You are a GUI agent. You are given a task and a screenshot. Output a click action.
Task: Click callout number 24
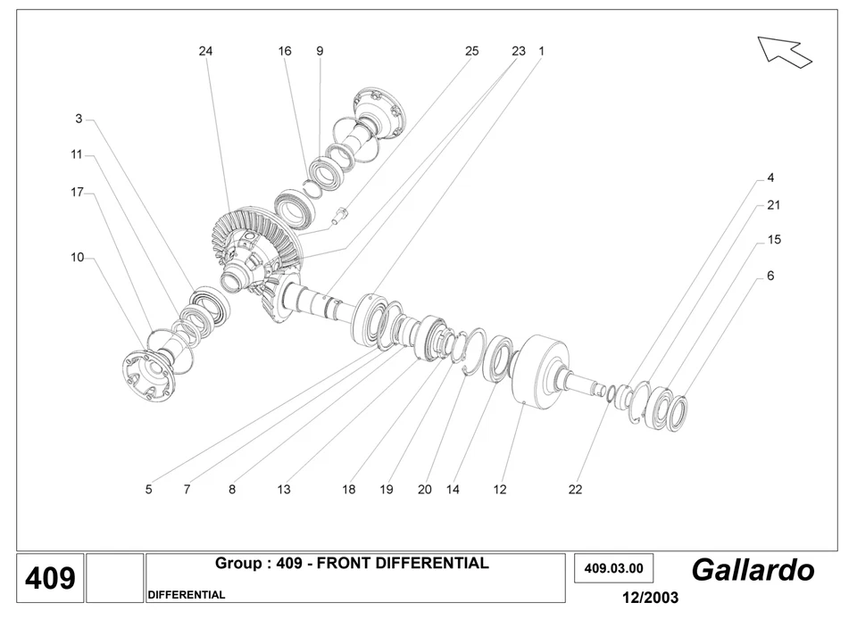205,52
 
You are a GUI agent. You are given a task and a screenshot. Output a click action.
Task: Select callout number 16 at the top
284,52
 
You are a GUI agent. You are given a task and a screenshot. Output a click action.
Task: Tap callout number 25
471,52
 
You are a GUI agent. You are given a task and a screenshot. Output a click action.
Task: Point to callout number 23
519,52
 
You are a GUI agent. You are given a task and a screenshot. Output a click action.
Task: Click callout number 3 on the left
79,119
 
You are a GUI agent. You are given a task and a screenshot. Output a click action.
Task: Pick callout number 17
77,192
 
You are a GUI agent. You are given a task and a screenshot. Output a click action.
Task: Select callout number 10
78,258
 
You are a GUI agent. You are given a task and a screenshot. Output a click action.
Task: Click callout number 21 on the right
773,205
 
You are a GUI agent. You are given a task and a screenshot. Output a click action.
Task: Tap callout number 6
770,277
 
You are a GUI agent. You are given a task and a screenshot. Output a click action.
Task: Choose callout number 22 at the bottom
575,489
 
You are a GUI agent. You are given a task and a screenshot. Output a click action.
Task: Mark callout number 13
283,489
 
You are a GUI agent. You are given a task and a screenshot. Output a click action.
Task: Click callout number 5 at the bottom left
148,489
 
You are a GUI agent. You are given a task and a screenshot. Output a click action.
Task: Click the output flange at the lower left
147,376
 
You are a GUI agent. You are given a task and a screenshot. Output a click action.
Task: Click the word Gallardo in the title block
753,570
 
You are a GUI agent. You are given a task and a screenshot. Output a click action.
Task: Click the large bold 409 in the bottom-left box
50,579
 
